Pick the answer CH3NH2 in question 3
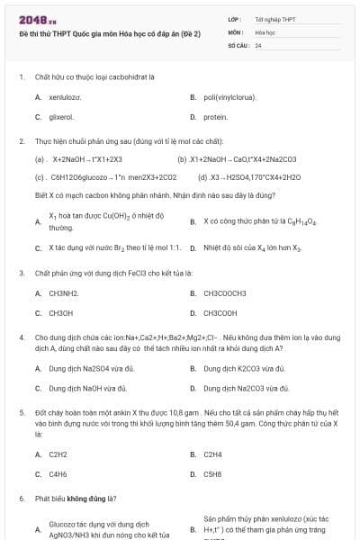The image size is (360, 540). pyautogui.click(x=64, y=293)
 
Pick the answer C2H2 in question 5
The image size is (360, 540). pyautogui.click(x=58, y=454)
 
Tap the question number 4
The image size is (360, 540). pyautogui.click(x=21, y=336)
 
